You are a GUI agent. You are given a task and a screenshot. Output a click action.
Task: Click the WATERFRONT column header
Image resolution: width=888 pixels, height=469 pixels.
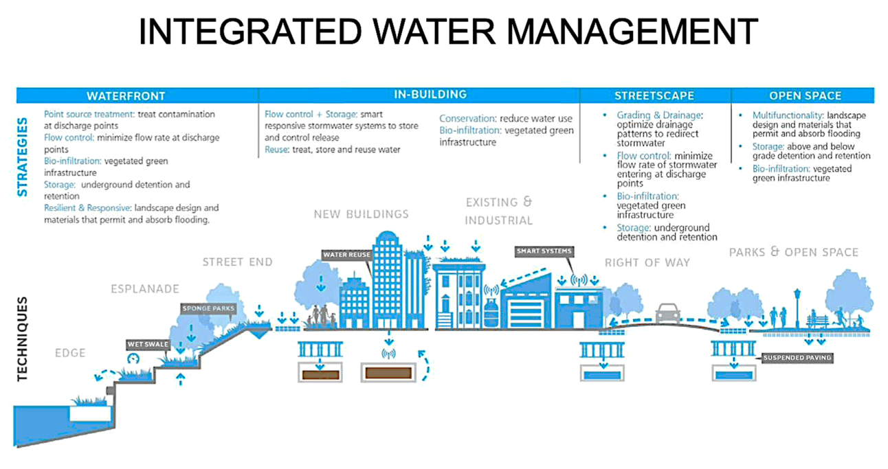click(126, 96)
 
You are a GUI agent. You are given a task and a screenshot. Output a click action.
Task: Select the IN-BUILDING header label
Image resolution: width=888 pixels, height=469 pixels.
click(430, 94)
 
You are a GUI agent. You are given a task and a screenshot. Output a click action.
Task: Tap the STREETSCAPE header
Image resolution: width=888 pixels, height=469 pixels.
click(654, 96)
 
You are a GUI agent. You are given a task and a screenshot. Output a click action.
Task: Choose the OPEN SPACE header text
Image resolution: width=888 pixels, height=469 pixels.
click(805, 96)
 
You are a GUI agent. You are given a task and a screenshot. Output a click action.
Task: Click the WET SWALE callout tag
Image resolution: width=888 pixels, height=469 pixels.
click(148, 345)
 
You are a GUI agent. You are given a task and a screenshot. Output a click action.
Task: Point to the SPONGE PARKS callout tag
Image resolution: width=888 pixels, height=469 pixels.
click(208, 308)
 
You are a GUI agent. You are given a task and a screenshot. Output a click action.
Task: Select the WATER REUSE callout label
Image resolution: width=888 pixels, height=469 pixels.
click(347, 255)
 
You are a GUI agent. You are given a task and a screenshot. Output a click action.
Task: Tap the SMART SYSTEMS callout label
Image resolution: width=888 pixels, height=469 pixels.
click(544, 251)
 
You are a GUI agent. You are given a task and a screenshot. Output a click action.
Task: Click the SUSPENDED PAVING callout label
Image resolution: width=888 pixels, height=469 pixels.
click(797, 358)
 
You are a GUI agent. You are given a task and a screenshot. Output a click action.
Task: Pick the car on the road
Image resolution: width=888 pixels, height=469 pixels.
click(668, 314)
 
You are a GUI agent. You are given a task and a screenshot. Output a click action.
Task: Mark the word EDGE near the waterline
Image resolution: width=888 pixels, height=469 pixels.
click(70, 353)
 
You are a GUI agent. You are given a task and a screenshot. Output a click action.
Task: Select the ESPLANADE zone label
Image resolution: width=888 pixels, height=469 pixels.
click(145, 289)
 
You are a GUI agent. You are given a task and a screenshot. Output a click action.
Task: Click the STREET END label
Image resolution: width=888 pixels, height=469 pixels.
click(237, 262)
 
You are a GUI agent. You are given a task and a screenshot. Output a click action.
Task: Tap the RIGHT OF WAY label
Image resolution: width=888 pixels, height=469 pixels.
click(647, 262)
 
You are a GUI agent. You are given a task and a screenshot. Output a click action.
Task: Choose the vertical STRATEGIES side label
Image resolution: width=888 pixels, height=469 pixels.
click(23, 157)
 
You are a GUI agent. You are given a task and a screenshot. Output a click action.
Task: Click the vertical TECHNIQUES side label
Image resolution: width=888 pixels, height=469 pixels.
click(23, 339)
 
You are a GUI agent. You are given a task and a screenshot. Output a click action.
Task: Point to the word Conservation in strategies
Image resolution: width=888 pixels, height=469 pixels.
click(467, 118)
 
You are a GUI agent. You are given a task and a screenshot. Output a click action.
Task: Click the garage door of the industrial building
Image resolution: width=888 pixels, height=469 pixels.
click(526, 314)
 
